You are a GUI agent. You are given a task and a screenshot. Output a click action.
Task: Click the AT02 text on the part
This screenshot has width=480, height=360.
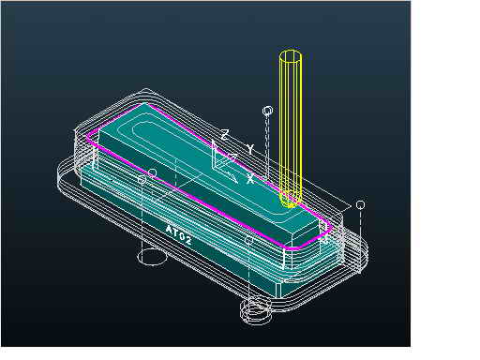pos(178,234)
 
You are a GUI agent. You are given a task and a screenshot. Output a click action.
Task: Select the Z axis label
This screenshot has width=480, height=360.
pos(224,135)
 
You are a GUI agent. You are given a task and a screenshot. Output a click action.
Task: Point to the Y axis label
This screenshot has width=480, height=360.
pos(249,149)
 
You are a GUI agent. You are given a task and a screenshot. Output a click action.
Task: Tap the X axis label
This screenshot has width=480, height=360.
pos(250,179)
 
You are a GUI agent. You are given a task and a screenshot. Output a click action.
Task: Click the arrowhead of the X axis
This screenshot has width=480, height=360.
pos(233,179)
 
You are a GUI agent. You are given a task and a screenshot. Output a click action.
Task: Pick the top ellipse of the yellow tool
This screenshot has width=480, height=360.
pos(291,56)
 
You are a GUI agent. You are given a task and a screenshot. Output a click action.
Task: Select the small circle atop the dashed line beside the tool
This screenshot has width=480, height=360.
pos(267,111)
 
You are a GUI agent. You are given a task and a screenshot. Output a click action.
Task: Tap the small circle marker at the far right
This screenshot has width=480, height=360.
pos(360,205)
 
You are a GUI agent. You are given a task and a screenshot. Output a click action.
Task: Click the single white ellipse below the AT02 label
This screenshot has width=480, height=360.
pos(151,257)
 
